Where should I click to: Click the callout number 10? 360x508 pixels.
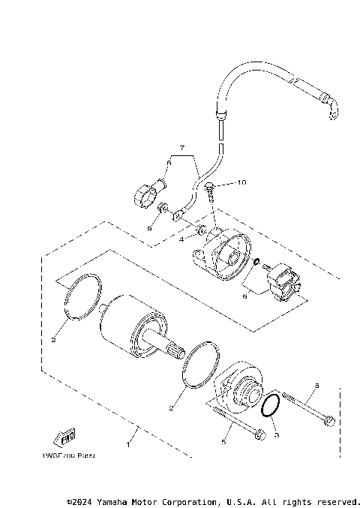pyautogui.click(x=220, y=182)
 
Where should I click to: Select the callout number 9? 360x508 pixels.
pyautogui.click(x=149, y=228)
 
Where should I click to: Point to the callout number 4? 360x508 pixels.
pyautogui.click(x=181, y=240)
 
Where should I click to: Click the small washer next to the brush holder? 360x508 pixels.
pyautogui.click(x=257, y=262)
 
